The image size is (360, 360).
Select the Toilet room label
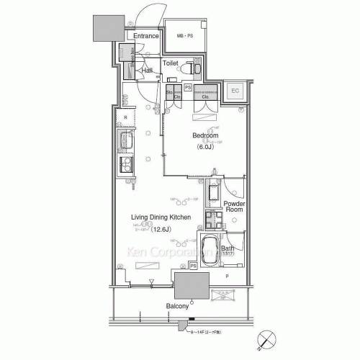click(x=170, y=63)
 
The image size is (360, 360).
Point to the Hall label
click(x=147, y=71)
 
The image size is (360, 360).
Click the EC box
click(x=235, y=91)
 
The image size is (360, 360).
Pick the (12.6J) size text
click(x=162, y=228)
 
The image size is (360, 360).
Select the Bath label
click(x=228, y=248)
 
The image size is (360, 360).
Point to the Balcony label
click(x=178, y=306)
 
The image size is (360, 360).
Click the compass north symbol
click(x=267, y=338)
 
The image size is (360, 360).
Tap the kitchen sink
click(x=125, y=140)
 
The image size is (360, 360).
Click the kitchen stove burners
click(x=125, y=166)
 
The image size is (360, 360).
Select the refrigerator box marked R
click(x=125, y=116)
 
